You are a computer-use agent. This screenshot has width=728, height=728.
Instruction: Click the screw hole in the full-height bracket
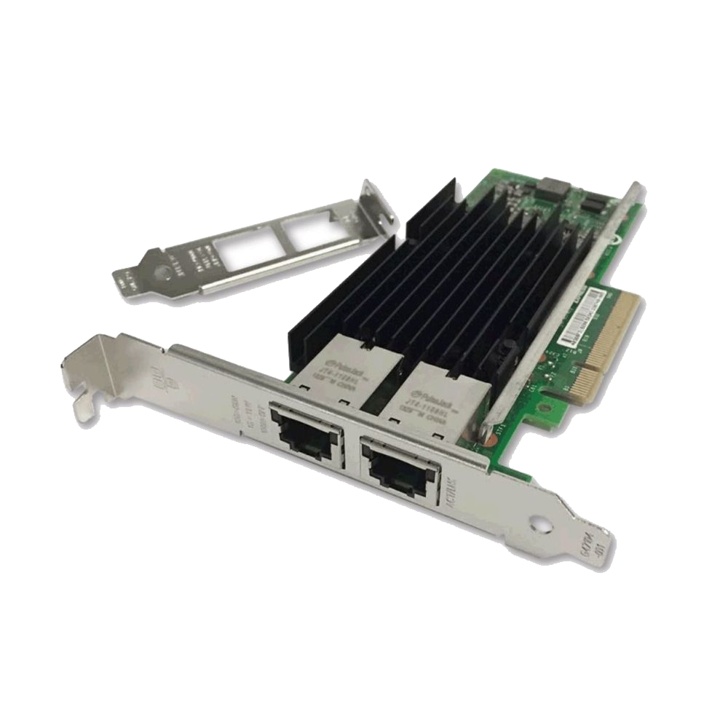click(539, 523)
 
